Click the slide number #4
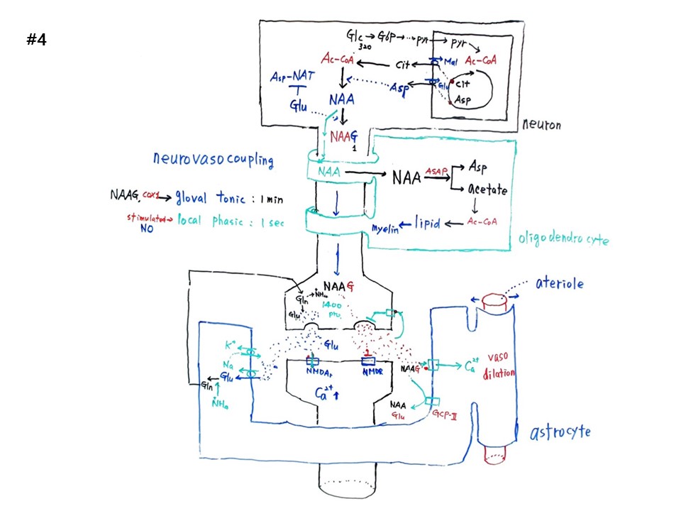(x=36, y=40)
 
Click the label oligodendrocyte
(x=563, y=240)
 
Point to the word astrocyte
(x=560, y=432)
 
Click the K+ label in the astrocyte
(x=230, y=346)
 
